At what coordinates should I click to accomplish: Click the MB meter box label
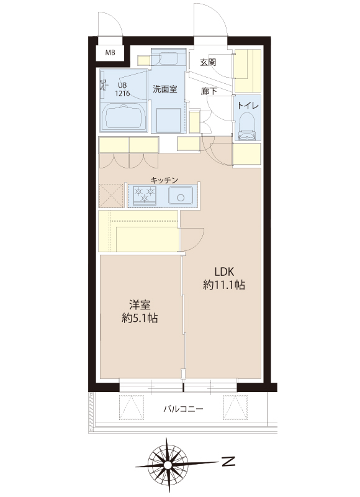(x=110, y=53)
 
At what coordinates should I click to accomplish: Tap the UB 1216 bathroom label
(x=122, y=89)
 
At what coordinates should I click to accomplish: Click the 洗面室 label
(x=165, y=89)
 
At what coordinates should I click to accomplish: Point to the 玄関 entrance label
(x=208, y=62)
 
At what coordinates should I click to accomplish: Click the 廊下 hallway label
(x=209, y=91)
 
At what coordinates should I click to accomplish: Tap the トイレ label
(x=248, y=106)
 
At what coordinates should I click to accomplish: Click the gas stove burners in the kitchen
(x=145, y=194)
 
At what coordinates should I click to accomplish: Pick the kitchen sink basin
(x=181, y=196)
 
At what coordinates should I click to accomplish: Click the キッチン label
(x=164, y=180)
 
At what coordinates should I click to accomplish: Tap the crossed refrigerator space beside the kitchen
(x=111, y=196)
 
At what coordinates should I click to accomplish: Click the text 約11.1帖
(x=224, y=285)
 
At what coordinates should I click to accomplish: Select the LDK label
(x=224, y=271)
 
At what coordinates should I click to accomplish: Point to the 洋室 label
(x=140, y=304)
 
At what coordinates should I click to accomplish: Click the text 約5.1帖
(x=140, y=318)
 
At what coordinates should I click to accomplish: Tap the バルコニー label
(x=183, y=409)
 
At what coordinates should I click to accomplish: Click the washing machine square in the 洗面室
(x=168, y=120)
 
